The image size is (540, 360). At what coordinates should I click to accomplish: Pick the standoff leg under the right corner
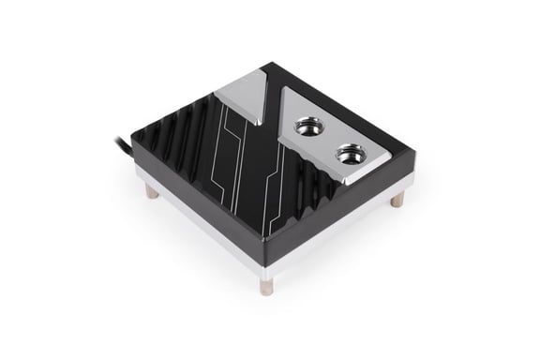click(397, 199)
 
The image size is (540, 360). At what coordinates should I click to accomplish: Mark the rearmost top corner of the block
click(272, 63)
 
